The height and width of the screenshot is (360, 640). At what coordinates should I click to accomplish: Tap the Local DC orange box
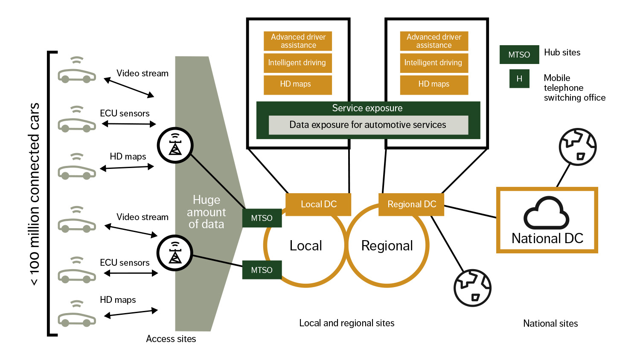point(318,204)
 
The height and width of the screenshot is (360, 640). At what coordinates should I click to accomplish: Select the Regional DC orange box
point(411,204)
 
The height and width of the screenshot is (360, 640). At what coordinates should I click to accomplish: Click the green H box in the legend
point(519,78)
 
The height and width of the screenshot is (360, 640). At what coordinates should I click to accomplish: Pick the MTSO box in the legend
point(519,55)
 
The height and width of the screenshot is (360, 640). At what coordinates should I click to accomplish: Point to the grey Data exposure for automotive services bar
point(368,125)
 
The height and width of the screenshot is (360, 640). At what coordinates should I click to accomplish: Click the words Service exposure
point(367,108)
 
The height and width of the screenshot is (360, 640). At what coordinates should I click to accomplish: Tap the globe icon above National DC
point(578,147)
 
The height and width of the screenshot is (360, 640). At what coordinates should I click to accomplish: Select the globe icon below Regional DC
point(472,288)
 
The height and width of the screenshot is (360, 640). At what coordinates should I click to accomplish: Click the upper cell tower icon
point(175,145)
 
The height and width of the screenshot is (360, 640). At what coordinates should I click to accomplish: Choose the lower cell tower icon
point(175,253)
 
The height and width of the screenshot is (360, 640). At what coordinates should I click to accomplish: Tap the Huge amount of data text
point(207,212)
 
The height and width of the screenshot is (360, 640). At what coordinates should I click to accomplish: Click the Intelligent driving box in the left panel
point(297,63)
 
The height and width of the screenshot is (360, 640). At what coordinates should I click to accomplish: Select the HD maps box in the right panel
point(434,84)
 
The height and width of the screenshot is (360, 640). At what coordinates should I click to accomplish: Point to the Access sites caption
point(171,339)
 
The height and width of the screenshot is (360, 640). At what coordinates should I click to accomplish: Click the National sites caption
point(550,324)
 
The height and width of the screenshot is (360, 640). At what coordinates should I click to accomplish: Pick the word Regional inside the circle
point(387,246)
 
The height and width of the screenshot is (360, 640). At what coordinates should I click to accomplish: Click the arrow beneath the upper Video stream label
point(129,88)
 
